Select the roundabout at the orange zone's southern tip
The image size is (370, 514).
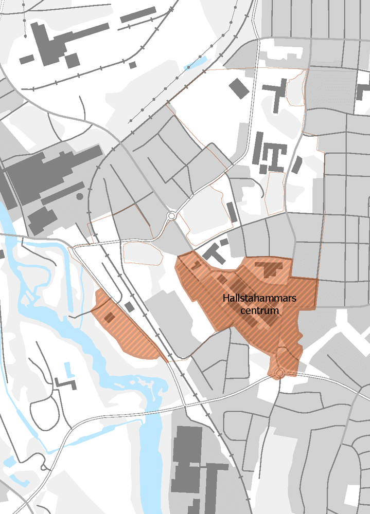click(x=280, y=372)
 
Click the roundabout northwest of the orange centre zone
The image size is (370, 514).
click(x=171, y=216)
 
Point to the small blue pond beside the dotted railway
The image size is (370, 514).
click(x=196, y=64)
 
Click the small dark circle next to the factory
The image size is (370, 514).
click(x=79, y=196)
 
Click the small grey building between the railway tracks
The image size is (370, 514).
click(x=129, y=306)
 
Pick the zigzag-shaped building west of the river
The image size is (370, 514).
click(x=65, y=383)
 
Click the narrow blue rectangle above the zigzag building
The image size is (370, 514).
click(x=68, y=369)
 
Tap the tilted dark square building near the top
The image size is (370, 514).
click(x=238, y=88)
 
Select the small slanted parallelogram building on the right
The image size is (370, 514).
click(x=296, y=164)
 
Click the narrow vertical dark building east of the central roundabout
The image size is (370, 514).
click(x=232, y=212)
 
